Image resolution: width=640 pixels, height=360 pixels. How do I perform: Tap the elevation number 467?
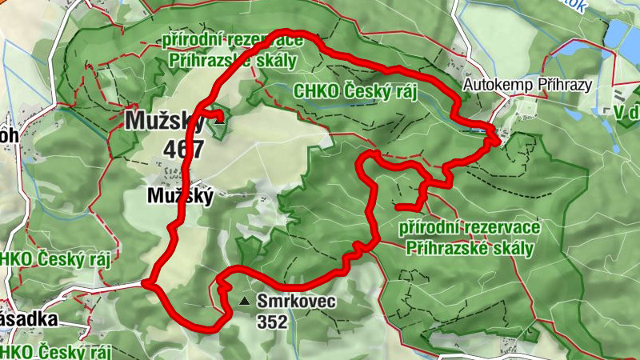184,149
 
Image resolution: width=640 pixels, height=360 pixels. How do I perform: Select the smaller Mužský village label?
180,196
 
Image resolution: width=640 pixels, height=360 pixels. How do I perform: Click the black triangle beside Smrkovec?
244,302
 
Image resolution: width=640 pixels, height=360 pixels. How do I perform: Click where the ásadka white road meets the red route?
145,283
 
